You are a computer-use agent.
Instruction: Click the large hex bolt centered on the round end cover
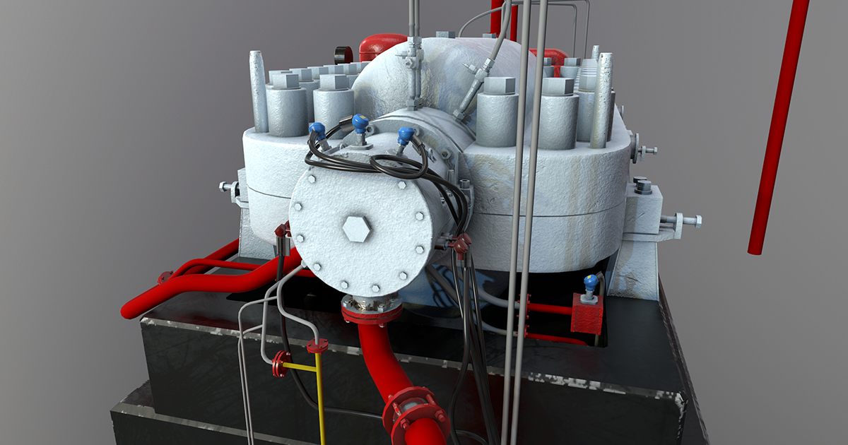(356, 229)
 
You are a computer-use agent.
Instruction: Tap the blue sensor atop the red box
(590, 283)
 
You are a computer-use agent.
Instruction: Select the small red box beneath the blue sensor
(587, 314)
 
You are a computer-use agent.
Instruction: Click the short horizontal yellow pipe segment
(300, 367)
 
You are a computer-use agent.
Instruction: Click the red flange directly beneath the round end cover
(371, 309)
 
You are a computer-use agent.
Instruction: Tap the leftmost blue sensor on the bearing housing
(317, 131)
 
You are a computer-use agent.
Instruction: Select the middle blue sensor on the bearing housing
(360, 124)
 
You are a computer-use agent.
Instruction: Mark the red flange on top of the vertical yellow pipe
(317, 346)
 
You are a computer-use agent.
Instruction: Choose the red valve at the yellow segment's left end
(281, 364)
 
